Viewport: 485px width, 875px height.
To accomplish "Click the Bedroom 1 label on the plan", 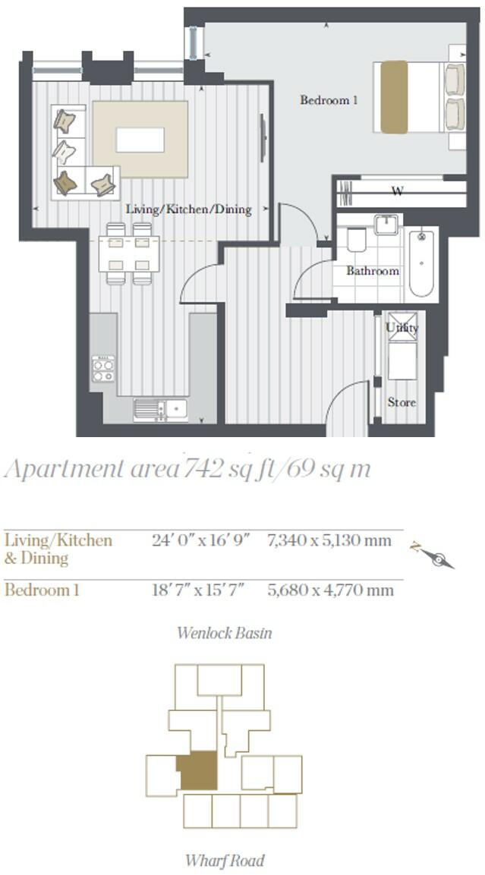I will click(x=328, y=100).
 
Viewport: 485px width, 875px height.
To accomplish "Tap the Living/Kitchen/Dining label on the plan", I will click(x=189, y=209).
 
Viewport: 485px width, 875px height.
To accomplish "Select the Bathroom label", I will click(x=373, y=271).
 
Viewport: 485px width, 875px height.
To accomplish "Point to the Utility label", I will click(x=402, y=328).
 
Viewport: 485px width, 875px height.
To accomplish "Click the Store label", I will click(x=402, y=402).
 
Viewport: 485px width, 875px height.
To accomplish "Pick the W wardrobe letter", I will click(x=398, y=192).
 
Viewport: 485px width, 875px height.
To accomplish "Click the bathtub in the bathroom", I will click(x=421, y=263).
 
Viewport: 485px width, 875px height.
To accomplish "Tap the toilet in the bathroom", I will click(x=357, y=241).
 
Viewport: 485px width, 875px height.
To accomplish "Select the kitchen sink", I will click(x=161, y=409).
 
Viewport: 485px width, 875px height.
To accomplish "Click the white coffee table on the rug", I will click(x=140, y=140).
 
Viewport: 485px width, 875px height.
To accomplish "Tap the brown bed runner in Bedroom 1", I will click(x=394, y=97).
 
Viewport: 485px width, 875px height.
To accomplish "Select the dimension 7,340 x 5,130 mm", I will click(x=329, y=541).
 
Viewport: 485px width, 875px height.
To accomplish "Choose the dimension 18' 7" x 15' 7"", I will click(x=198, y=590).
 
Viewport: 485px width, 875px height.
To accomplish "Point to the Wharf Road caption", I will click(x=225, y=861).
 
